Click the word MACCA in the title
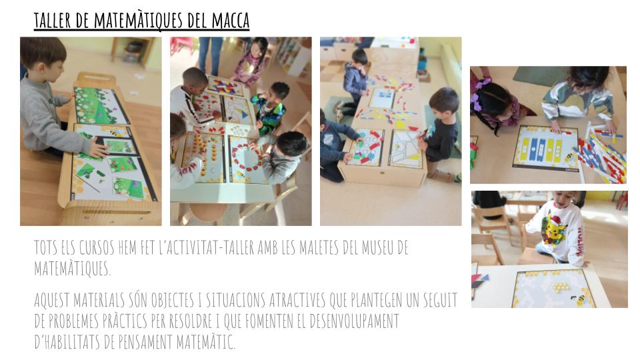pos(230,21)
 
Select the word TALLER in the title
pos(53,21)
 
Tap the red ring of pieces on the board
pos(246,158)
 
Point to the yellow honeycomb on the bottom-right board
pos(561,287)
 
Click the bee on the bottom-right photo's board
pos(579,301)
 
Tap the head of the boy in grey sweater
pos(43,57)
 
